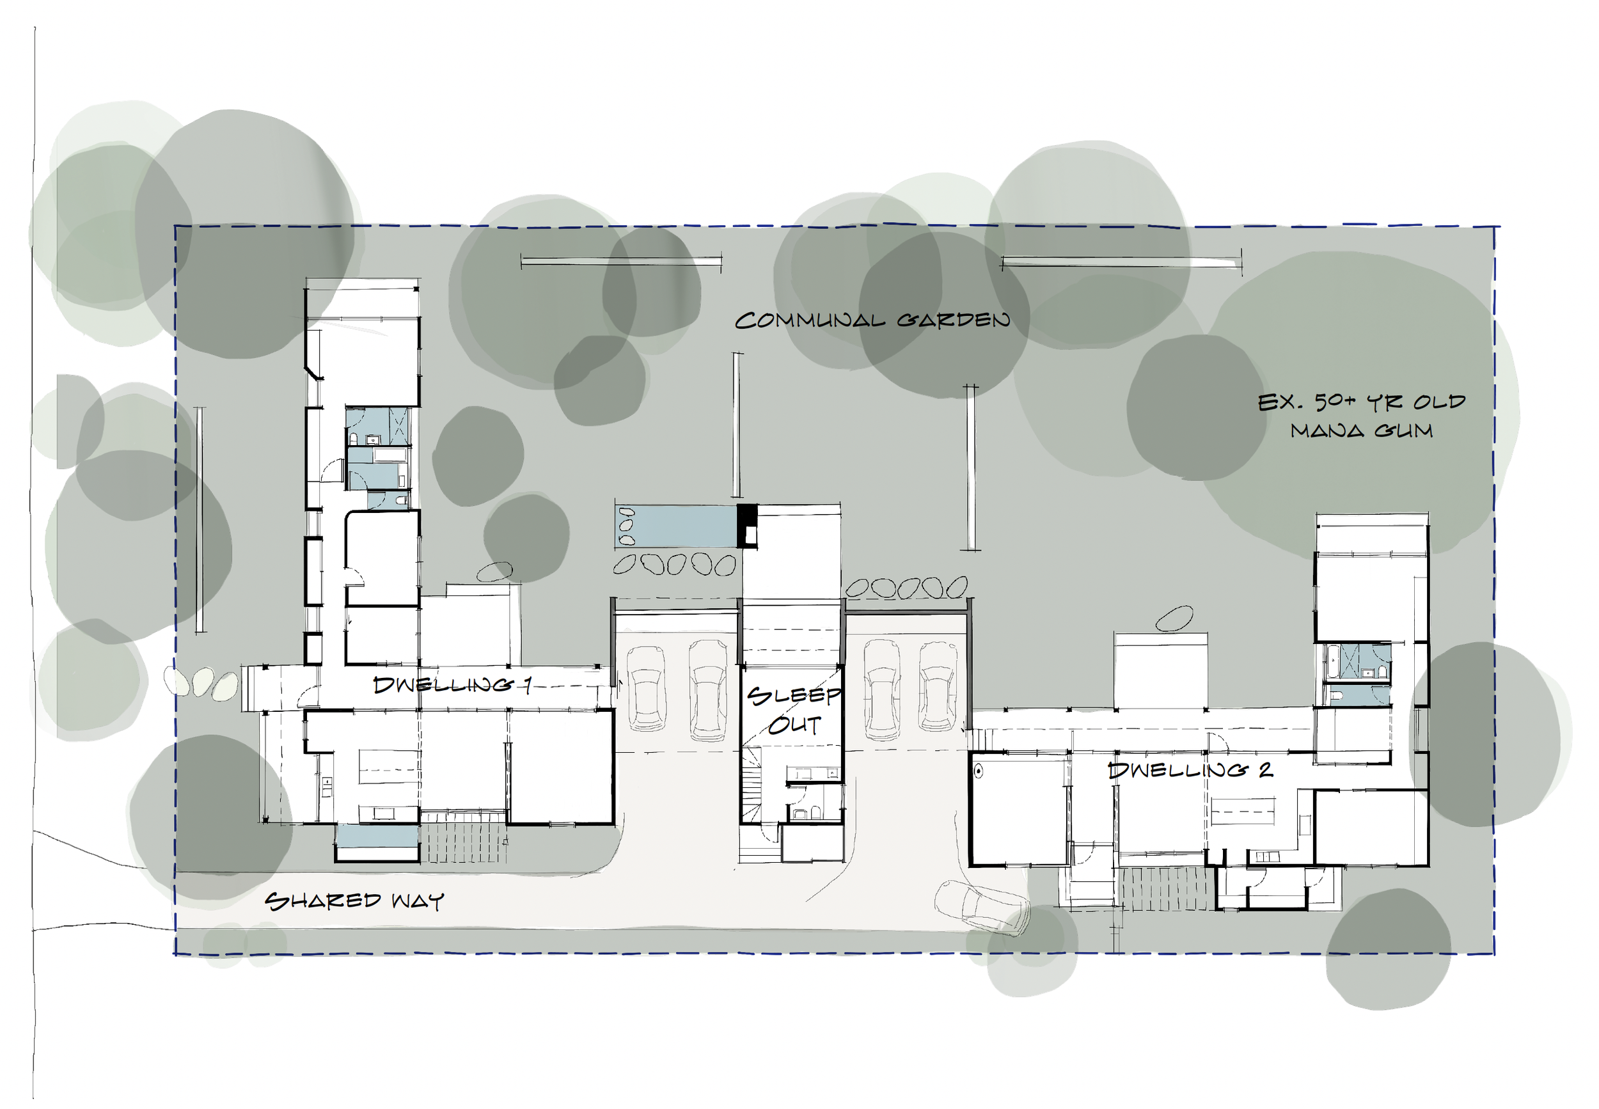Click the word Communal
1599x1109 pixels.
(x=810, y=320)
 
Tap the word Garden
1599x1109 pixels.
(x=953, y=320)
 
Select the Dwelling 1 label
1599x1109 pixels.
(x=452, y=685)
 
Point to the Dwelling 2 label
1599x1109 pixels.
(x=1190, y=770)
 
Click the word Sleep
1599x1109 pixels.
(x=794, y=696)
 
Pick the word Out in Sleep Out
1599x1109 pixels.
(x=794, y=725)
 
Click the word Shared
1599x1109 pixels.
(x=323, y=901)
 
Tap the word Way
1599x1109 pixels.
(x=418, y=901)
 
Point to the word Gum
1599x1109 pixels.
(x=1404, y=431)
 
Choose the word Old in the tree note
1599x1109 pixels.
(x=1439, y=402)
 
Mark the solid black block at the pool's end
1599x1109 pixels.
(x=747, y=526)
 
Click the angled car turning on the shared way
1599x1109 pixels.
(x=981, y=906)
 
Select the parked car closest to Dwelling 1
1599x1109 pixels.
(x=646, y=689)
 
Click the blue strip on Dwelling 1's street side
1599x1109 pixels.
(x=377, y=835)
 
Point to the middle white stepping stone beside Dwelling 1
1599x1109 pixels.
(x=202, y=682)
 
